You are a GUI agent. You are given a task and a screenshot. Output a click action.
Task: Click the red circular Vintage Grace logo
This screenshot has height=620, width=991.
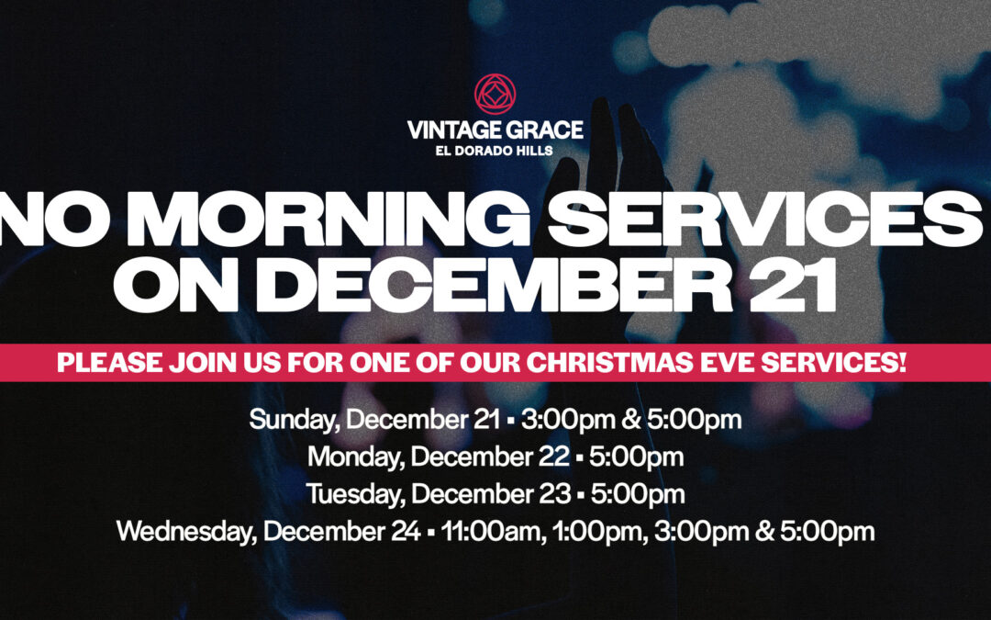pos(495,94)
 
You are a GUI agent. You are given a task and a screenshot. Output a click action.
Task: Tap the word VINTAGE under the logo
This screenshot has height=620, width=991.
pos(454,130)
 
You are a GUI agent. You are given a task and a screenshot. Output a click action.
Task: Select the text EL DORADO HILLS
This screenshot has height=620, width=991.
pos(495,151)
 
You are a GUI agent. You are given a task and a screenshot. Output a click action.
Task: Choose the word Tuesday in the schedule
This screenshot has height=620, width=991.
pos(354,493)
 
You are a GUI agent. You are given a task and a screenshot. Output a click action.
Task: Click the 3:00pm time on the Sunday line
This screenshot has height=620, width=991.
pos(563,420)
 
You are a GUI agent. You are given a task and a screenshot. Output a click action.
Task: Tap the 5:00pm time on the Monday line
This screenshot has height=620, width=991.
pos(639,457)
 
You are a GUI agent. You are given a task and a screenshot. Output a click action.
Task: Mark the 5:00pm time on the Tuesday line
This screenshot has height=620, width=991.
pos(640,493)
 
